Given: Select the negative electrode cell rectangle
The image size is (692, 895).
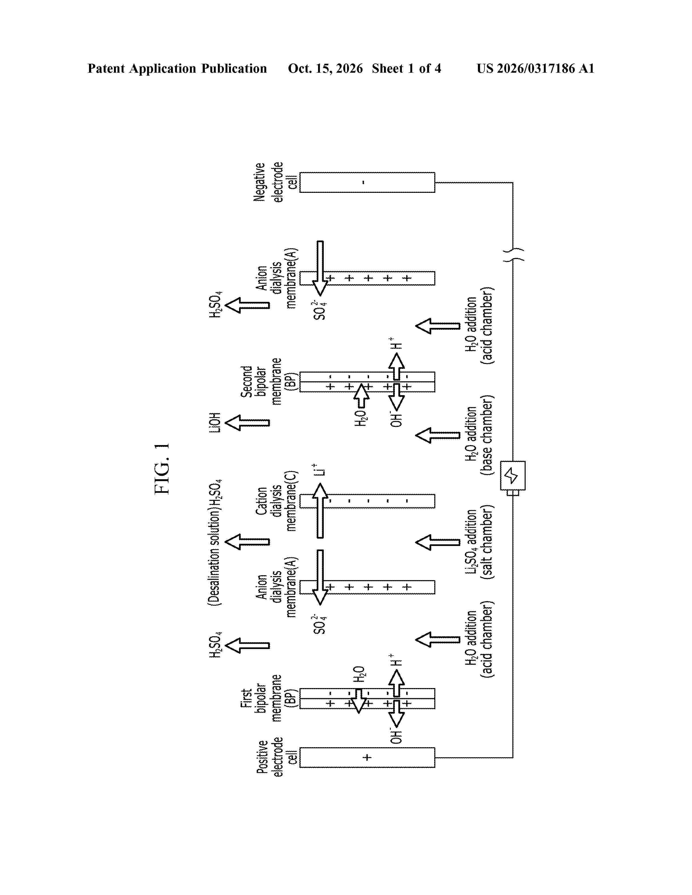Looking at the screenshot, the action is pyautogui.click(x=367, y=182).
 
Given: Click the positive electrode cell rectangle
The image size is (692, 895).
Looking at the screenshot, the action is pyautogui.click(x=367, y=757).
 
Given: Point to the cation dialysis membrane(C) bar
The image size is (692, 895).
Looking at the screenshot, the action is pyautogui.click(x=367, y=501).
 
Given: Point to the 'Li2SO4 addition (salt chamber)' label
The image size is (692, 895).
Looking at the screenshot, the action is pyautogui.click(x=479, y=544).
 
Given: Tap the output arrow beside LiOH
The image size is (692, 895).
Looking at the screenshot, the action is pyautogui.click(x=247, y=423).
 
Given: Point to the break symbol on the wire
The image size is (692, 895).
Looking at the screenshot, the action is pyautogui.click(x=513, y=254).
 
